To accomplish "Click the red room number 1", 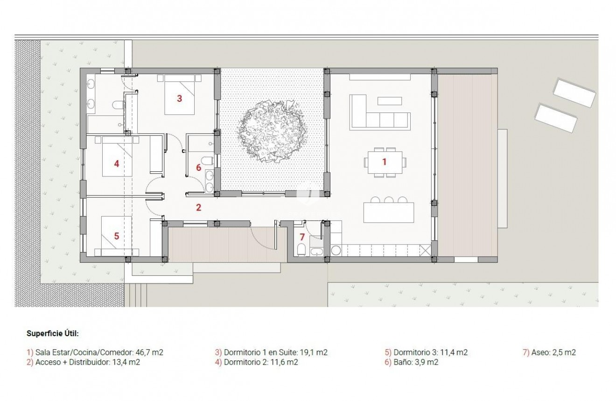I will pyautogui.click(x=384, y=162).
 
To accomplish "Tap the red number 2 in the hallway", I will pyautogui.click(x=198, y=208).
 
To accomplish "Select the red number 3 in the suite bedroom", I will pyautogui.click(x=179, y=98).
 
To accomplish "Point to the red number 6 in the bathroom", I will pyautogui.click(x=198, y=167).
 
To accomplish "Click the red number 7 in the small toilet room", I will pyautogui.click(x=302, y=237).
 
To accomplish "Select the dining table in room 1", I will pyautogui.click(x=385, y=162).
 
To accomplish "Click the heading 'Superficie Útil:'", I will pyautogui.click(x=52, y=334).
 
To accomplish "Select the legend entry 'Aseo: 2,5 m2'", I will pyautogui.click(x=549, y=352).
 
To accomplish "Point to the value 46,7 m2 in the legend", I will pyautogui.click(x=149, y=352).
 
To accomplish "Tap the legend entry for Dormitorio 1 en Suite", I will pyautogui.click(x=271, y=352).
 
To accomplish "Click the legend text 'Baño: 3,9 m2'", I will pyautogui.click(x=412, y=362).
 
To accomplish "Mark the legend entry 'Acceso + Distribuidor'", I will pyautogui.click(x=84, y=362).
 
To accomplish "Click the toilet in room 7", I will pyautogui.click(x=301, y=251).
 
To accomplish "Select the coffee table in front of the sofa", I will pyautogui.click(x=389, y=100).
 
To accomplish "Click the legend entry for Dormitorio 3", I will pyautogui.click(x=426, y=352).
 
